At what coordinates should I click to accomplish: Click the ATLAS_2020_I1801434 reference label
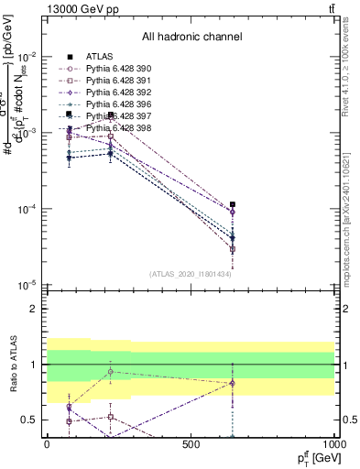pos(190,274)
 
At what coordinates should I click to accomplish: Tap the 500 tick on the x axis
pos(191,445)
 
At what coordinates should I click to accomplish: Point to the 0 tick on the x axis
pos(47,445)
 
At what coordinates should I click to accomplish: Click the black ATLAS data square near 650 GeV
pos(233,204)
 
